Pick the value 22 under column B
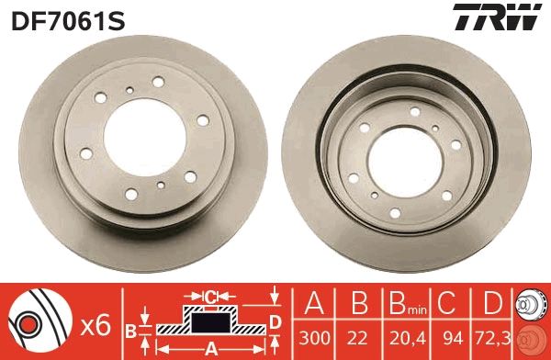pyautogui.click(x=357, y=336)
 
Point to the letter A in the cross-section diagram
pyautogui.click(x=209, y=347)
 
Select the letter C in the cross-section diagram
pyautogui.click(x=209, y=296)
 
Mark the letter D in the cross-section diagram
pyautogui.click(x=275, y=321)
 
